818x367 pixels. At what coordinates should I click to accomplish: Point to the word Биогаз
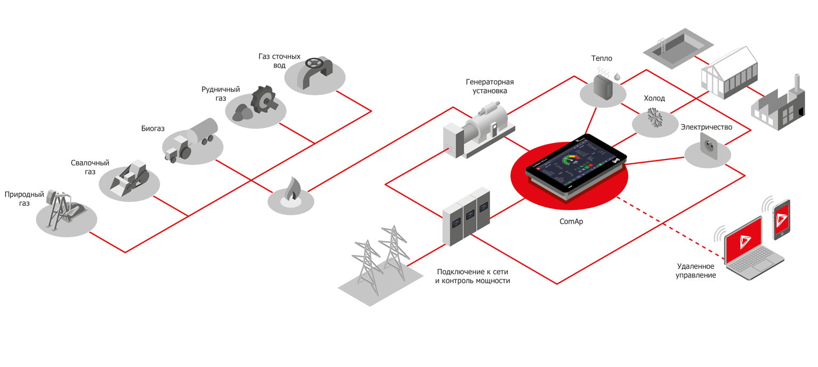(153, 129)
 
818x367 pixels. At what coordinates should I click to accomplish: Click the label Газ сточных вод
(279, 61)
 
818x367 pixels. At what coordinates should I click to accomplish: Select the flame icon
(290, 192)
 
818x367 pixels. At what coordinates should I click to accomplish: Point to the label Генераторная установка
(489, 86)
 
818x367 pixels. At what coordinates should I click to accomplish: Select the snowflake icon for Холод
(654, 118)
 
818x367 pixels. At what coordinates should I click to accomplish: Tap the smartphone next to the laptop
(781, 219)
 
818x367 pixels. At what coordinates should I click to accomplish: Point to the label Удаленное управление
(696, 270)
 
